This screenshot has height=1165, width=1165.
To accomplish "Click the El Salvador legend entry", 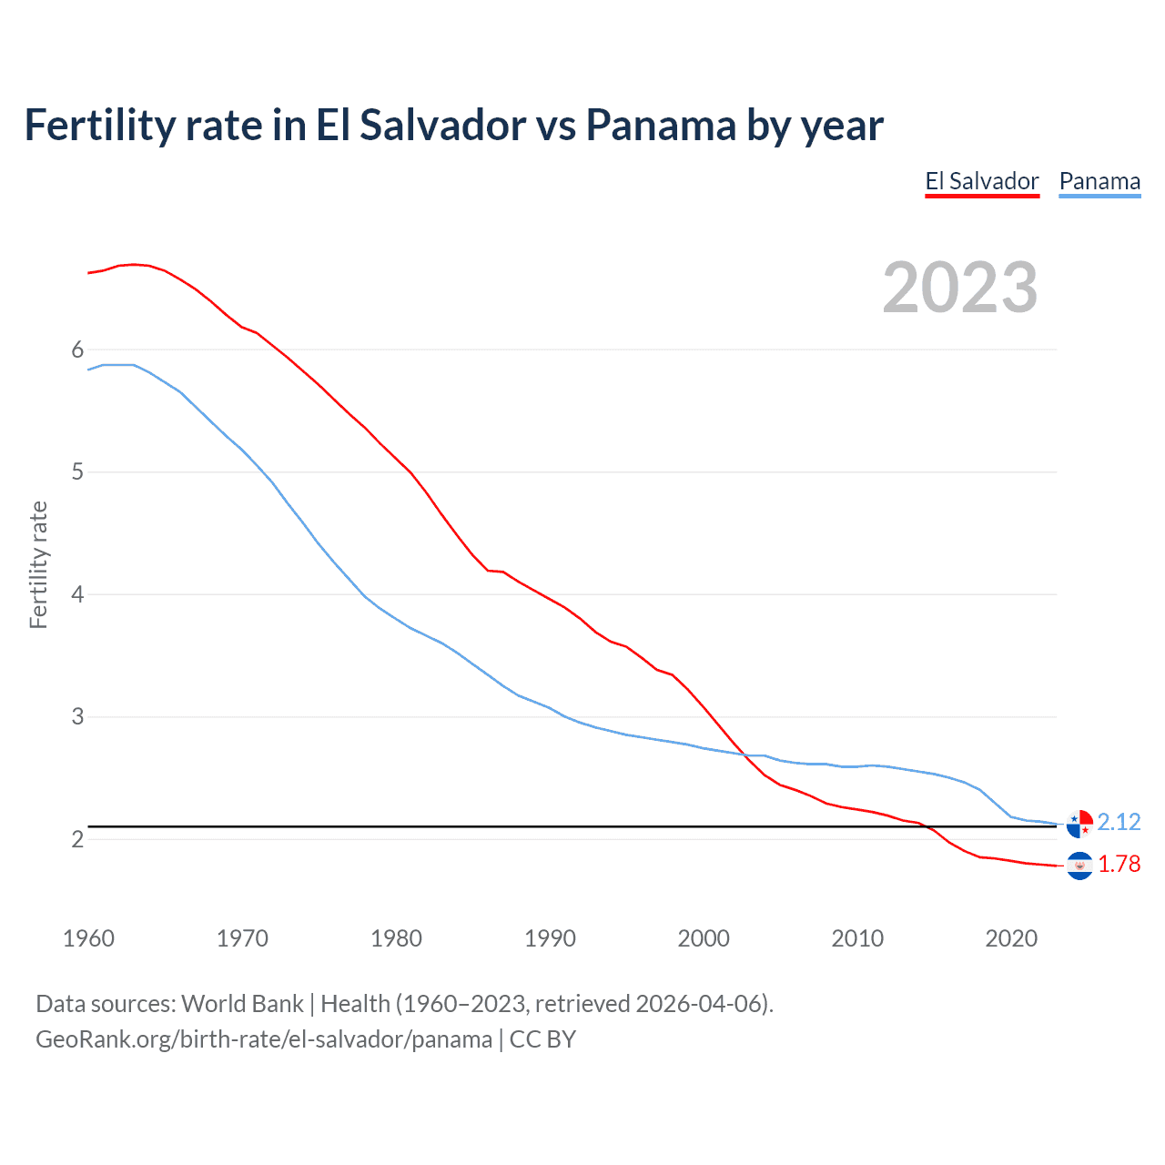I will tap(981, 181).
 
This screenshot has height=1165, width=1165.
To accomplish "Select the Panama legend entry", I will tap(1099, 181).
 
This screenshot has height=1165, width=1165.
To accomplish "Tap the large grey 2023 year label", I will tap(960, 288).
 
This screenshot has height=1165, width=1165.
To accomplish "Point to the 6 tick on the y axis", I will tap(77, 349).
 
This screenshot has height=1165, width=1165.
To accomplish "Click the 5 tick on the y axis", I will tap(77, 471).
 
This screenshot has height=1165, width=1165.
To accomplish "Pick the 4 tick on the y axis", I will tap(77, 594).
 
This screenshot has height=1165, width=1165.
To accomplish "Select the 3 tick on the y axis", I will tap(77, 716).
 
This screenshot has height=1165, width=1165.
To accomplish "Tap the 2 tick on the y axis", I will tap(77, 838).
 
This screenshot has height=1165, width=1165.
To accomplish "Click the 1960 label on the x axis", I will tap(88, 938).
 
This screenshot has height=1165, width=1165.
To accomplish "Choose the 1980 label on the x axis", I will tap(396, 938).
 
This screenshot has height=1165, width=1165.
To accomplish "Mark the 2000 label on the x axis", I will tap(704, 938).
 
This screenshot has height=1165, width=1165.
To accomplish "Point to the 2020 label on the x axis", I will tap(1011, 938).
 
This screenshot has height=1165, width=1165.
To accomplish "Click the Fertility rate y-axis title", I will tap(38, 564).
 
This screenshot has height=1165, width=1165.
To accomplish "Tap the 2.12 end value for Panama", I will tap(1119, 822).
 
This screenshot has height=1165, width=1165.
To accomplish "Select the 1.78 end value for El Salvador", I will tap(1119, 864).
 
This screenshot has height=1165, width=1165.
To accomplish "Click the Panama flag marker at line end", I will tap(1079, 823).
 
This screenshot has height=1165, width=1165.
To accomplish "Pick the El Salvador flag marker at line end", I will tap(1079, 865).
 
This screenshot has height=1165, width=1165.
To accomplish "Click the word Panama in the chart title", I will tap(661, 125).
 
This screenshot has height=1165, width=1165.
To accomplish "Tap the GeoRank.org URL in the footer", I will tap(264, 1038).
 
